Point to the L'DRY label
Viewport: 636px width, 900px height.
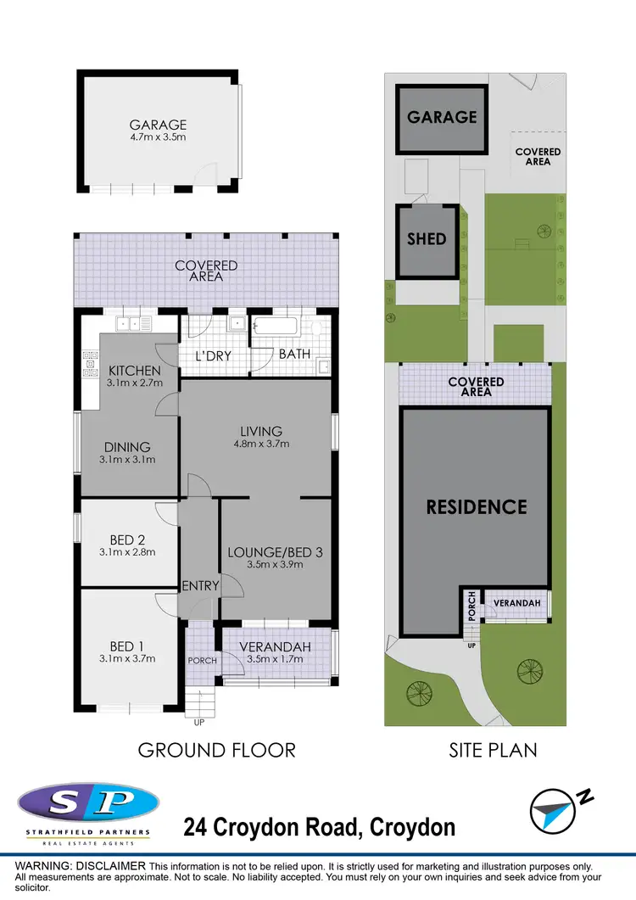pyautogui.click(x=215, y=356)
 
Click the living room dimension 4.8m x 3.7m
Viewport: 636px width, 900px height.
pyautogui.click(x=260, y=444)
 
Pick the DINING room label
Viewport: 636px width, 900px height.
pyautogui.click(x=128, y=447)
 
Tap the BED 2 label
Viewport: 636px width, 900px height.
pyautogui.click(x=128, y=539)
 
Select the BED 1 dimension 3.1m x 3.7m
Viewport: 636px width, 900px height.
pyautogui.click(x=128, y=657)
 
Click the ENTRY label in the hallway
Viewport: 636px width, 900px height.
pyautogui.click(x=200, y=585)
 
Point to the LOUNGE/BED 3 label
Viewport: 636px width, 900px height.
pyautogui.click(x=274, y=551)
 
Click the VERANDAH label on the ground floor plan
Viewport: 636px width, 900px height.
pyautogui.click(x=276, y=646)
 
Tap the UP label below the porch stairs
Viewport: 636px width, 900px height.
pyautogui.click(x=199, y=723)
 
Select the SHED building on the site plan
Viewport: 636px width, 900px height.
pyautogui.click(x=427, y=240)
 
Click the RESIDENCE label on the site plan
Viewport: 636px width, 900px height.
pyautogui.click(x=476, y=507)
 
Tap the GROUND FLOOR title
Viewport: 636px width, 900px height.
pyautogui.click(x=216, y=750)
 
